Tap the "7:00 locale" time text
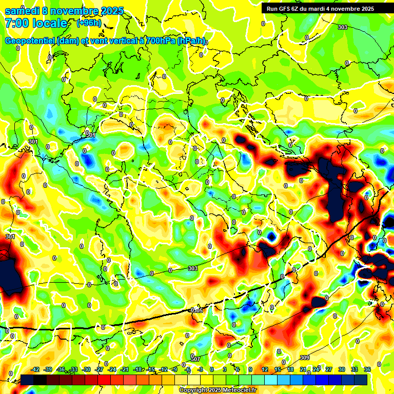[x=36, y=23]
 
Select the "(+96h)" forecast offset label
[x=89, y=23]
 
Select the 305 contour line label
[x=197, y=310]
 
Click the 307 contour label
[x=195, y=359]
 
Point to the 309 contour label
[x=304, y=358]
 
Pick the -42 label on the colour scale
[x=35, y=369]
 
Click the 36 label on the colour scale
[x=367, y=369]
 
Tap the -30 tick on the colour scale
[x=87, y=369]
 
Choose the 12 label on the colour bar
[x=264, y=369]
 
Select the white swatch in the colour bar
[x=194, y=380]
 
